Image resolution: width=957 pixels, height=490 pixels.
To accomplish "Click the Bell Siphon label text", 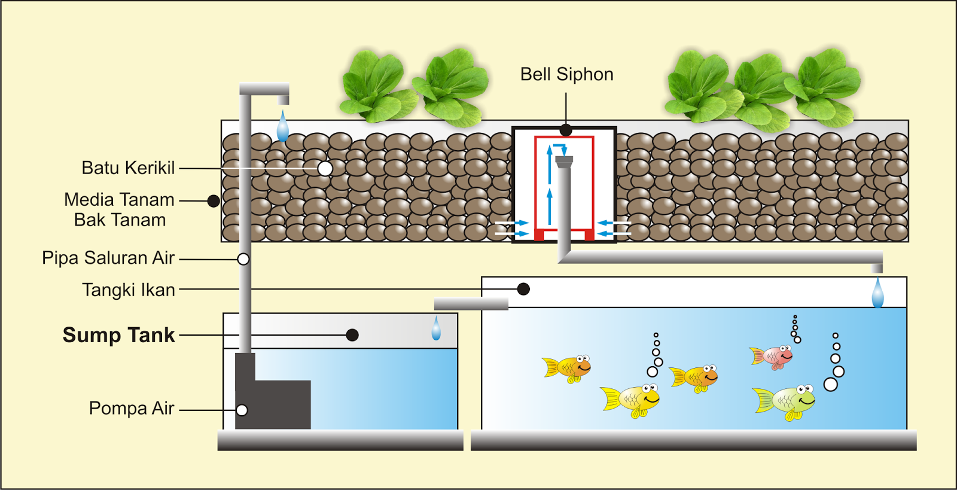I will click(x=566, y=74).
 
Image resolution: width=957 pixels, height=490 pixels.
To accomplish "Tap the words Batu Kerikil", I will click(x=128, y=168).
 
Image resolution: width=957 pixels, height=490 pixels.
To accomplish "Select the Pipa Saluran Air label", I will click(x=108, y=258).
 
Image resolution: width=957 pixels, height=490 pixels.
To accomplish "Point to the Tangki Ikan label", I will click(x=129, y=290).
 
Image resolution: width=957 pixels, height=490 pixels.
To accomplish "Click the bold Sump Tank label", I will click(x=119, y=335).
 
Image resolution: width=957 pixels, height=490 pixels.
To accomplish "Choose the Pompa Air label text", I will click(x=132, y=409).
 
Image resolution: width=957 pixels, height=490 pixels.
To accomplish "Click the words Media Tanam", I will click(x=119, y=200).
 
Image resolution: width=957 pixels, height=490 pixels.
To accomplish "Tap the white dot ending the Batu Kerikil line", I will click(x=325, y=169).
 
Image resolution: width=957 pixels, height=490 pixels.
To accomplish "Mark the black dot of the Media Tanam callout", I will click(x=214, y=201).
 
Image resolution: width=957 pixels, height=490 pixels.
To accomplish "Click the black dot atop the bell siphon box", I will click(x=566, y=130).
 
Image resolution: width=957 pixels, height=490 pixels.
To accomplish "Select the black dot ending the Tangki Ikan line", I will click(x=523, y=290).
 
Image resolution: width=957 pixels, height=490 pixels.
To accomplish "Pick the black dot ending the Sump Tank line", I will click(x=352, y=335).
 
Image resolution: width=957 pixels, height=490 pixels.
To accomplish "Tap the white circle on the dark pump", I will click(x=242, y=410).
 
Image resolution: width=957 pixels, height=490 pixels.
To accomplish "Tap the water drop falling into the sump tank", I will click(x=436, y=330).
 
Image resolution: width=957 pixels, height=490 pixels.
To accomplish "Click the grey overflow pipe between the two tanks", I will click(x=471, y=303).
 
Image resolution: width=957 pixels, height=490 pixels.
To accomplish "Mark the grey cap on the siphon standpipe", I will click(x=564, y=161).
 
